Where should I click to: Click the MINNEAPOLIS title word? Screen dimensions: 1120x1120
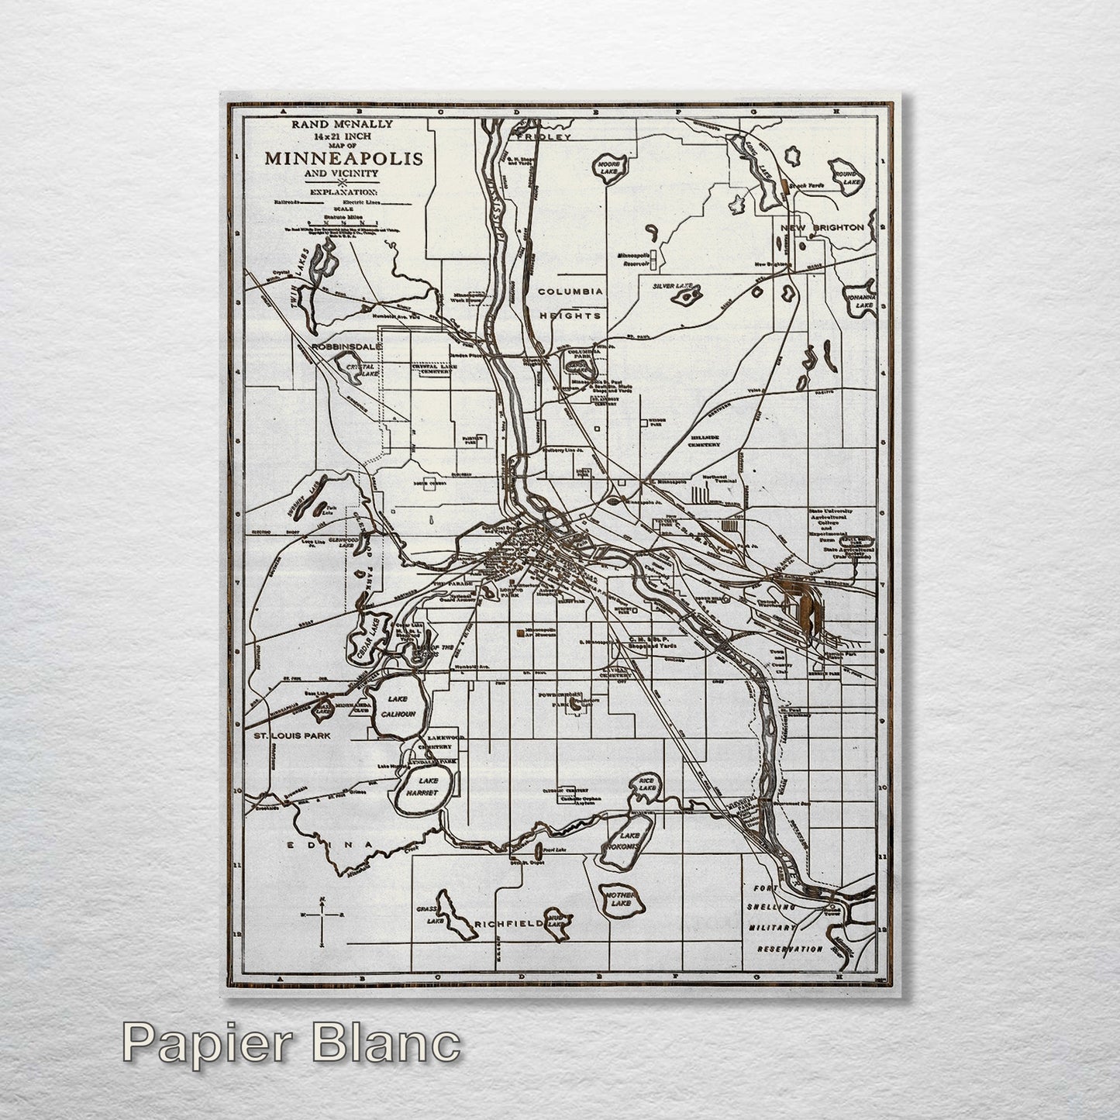(x=343, y=158)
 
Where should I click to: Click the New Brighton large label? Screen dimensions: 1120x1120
(x=822, y=227)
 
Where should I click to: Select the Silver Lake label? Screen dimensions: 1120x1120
(x=673, y=286)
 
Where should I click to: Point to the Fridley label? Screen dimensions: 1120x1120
(x=545, y=137)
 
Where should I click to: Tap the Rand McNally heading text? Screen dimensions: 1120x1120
(x=343, y=124)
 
